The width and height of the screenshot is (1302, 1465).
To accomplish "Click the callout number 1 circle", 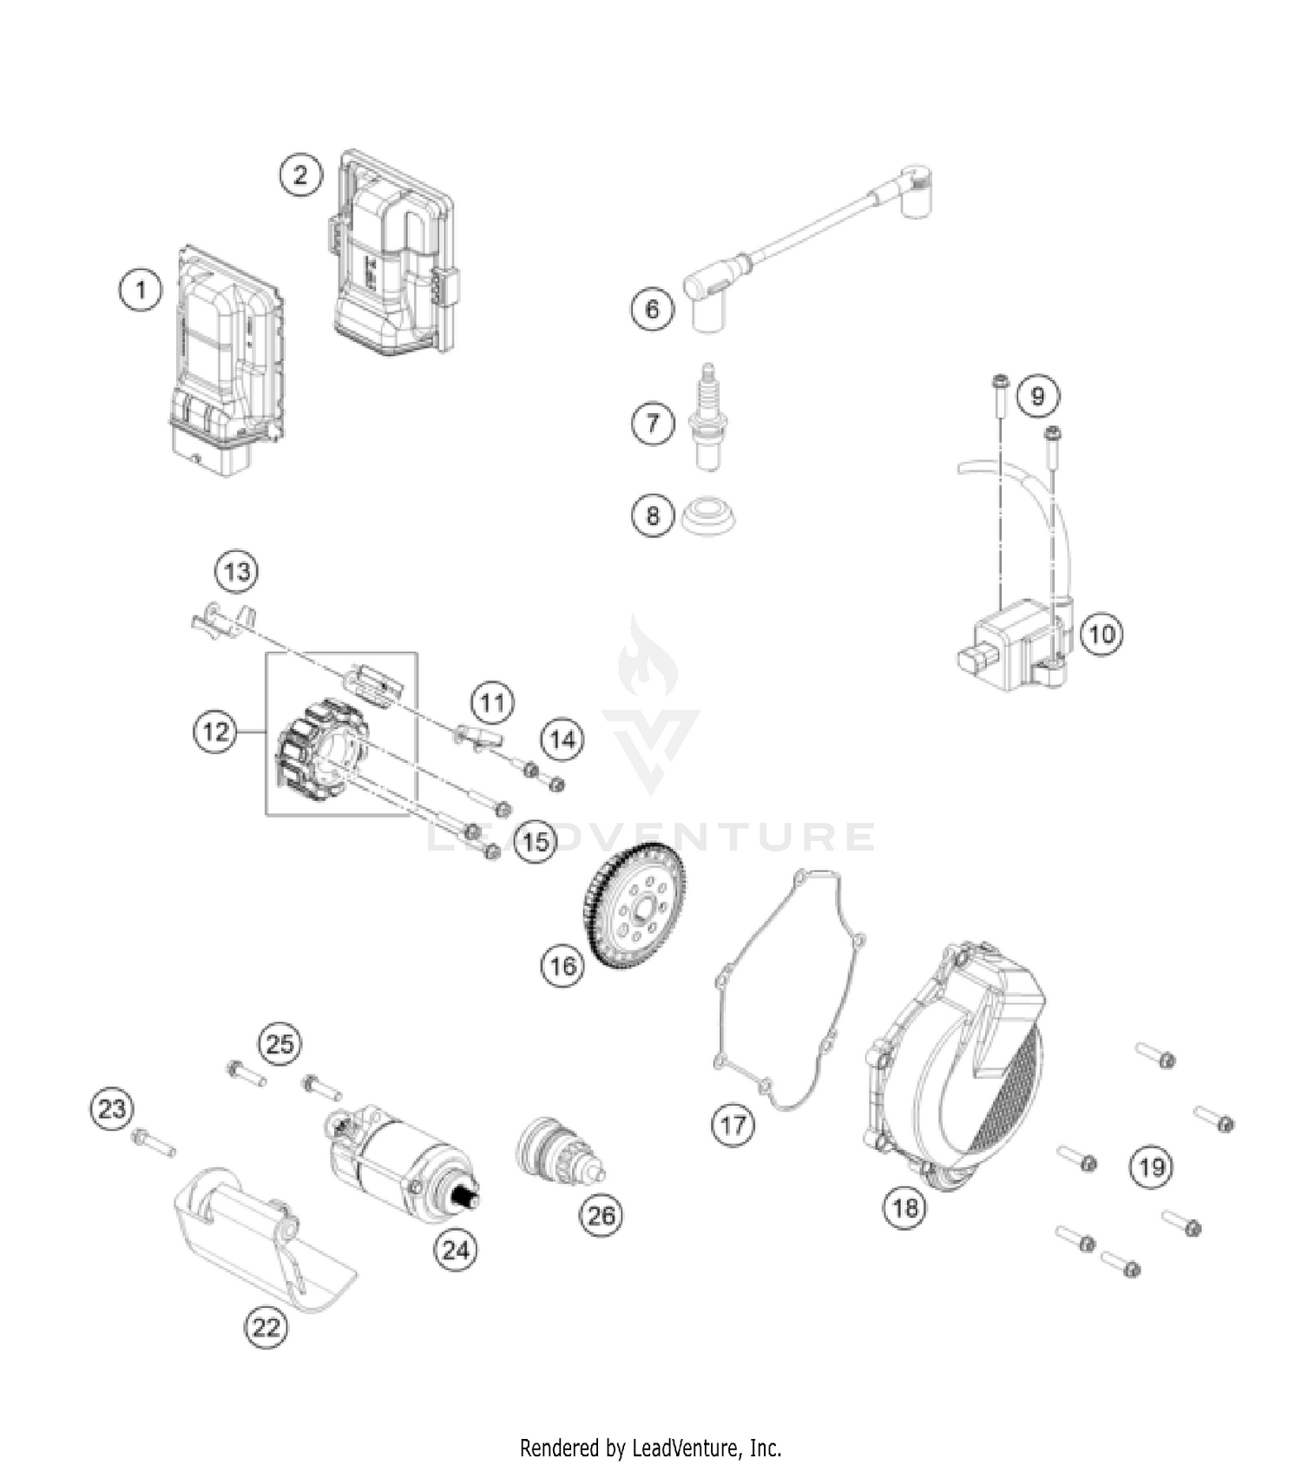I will coord(141,288).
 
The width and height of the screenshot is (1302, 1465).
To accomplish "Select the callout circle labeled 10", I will coord(1101,634).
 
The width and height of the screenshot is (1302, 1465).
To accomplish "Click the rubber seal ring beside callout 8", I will coord(709,516).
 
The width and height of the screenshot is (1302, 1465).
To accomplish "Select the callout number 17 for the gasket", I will coord(733,1126).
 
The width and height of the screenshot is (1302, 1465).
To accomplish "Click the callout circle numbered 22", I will coord(266,1327).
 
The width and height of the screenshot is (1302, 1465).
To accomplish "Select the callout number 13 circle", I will coord(237,572).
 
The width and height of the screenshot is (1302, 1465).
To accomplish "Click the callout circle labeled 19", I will coord(1151,1166).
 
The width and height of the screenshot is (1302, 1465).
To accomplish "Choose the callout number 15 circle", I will coord(536,841).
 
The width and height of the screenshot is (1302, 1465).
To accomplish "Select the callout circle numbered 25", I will coord(279,1043).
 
